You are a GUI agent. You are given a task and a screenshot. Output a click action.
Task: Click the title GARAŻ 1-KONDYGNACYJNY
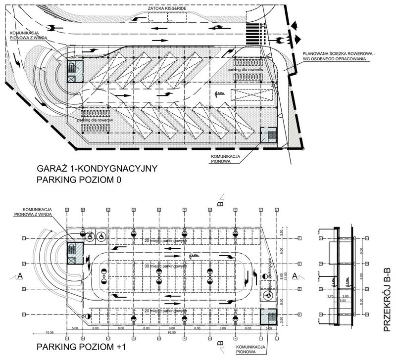point(97,169)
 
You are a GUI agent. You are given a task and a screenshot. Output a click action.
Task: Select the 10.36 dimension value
point(49,333)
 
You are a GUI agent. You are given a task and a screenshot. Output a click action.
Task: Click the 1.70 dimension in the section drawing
point(330,297)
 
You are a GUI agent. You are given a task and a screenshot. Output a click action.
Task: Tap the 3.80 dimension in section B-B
point(346,297)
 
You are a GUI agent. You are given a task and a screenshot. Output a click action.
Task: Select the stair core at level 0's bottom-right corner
point(269,135)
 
